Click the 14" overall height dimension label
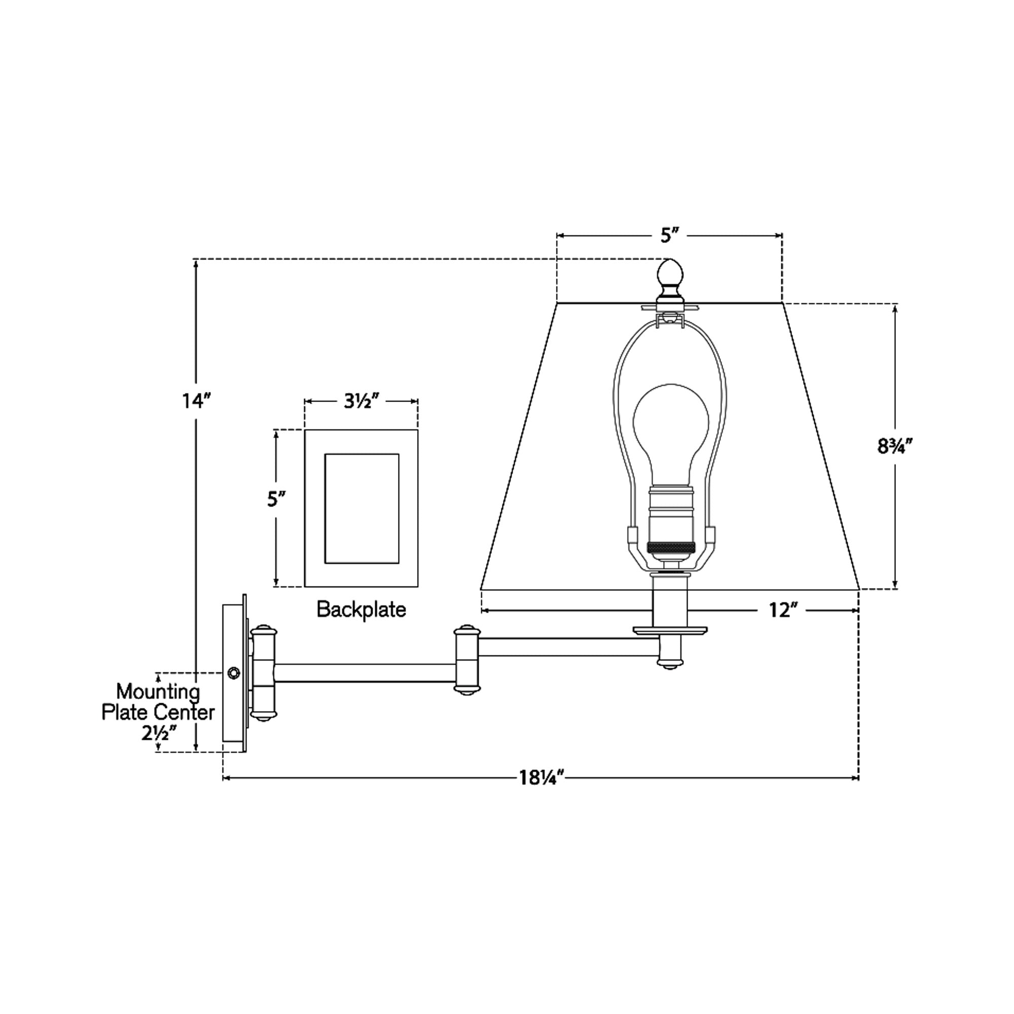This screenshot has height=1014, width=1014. [x=196, y=401]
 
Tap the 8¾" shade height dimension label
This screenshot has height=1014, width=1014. [x=895, y=446]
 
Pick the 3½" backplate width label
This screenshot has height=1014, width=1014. [x=361, y=402]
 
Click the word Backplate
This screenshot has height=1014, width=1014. [x=361, y=609]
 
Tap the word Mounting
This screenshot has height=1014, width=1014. [x=158, y=692]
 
